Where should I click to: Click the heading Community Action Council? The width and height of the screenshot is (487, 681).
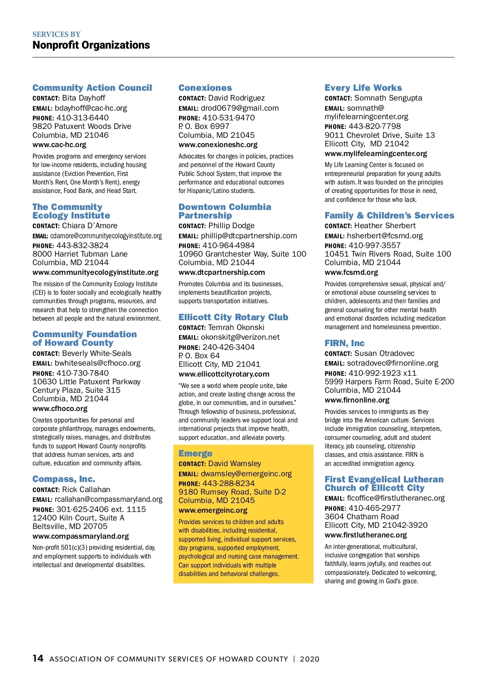click(92, 88)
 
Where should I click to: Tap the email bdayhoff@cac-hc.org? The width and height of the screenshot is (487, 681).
click(91, 108)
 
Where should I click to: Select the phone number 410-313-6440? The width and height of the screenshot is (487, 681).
click(82, 118)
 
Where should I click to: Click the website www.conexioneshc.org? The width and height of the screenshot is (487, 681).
click(218, 145)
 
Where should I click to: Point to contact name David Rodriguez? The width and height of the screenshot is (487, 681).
click(236, 98)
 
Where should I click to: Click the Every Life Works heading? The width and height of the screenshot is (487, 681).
click(363, 88)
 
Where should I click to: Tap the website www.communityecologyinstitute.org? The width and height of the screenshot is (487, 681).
click(95, 272)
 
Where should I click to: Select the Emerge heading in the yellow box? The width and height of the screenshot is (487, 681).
click(195, 454)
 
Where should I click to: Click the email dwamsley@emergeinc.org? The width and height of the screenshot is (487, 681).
click(246, 474)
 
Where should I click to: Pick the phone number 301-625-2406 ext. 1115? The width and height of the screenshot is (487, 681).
click(101, 510)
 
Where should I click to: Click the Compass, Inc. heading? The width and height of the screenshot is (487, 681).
click(64, 479)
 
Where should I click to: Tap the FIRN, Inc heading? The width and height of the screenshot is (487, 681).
click(345, 343)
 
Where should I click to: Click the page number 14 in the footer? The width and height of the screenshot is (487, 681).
click(38, 658)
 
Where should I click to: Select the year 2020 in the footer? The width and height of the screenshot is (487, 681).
click(310, 659)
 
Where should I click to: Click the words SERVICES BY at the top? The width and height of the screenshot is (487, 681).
click(56, 34)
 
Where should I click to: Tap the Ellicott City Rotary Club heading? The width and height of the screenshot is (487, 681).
click(233, 317)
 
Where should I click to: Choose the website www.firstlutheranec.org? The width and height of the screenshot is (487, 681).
click(366, 535)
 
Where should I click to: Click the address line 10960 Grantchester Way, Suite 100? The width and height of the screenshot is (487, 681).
click(242, 254)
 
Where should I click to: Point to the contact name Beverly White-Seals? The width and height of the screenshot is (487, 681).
click(97, 353)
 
